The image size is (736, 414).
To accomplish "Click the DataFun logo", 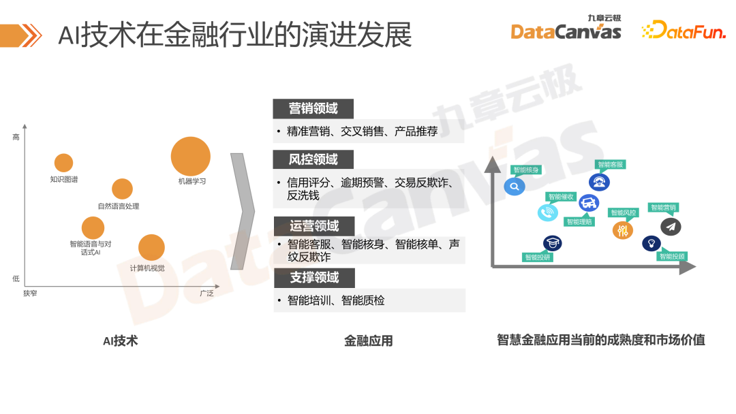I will point(684,30).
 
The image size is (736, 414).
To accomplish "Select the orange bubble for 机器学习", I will point(191,156).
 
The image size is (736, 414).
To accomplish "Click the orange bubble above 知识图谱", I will point(63,163).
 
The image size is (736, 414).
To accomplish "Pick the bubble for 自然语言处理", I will point(122,189).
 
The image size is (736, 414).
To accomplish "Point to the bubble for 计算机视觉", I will point(151,248).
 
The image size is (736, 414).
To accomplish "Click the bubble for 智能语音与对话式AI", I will point(93,228).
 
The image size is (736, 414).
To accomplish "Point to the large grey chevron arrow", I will point(242,211).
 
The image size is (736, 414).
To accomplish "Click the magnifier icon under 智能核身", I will point(515,186).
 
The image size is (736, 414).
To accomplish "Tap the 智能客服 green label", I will point(611,164).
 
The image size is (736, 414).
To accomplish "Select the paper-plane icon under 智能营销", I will point(671,227).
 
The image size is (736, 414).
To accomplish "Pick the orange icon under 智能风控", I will point(622,230).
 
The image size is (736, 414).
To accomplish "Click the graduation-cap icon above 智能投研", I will point(552,243).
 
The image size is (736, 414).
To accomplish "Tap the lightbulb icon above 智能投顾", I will point(651,243).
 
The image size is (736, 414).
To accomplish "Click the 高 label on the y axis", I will point(16,138).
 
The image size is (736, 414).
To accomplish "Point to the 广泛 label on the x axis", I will point(206,293).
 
